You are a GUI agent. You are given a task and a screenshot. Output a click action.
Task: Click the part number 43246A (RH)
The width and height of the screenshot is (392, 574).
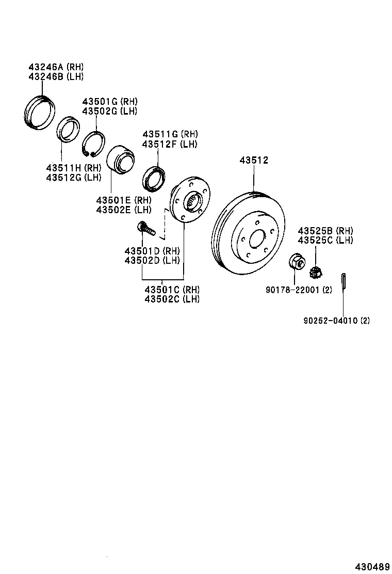(x=55, y=67)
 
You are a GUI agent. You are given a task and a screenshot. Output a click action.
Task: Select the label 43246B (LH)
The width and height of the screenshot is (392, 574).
(x=55, y=76)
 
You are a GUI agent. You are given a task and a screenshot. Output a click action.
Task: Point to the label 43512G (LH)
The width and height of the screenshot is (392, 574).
(x=73, y=177)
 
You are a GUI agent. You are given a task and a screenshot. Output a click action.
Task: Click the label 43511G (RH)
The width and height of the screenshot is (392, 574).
(x=170, y=135)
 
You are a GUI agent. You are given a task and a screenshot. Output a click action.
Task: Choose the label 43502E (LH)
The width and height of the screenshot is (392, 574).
(x=123, y=210)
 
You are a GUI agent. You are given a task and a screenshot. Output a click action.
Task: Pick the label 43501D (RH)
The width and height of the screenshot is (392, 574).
(x=152, y=251)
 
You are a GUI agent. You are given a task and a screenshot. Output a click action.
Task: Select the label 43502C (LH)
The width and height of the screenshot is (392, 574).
(x=172, y=299)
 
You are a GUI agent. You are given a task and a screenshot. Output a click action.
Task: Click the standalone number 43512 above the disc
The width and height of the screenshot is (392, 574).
(x=253, y=161)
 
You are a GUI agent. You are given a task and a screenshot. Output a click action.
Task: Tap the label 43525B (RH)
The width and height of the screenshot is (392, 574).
(x=325, y=231)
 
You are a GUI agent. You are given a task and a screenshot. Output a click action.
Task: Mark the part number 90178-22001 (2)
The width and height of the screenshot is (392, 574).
(x=299, y=290)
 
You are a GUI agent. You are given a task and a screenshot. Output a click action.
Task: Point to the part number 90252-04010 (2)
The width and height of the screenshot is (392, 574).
(x=336, y=321)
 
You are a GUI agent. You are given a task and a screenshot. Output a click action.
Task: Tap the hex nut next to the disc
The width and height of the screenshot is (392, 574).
(x=295, y=261)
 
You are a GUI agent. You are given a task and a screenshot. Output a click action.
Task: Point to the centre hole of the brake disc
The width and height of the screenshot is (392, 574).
(x=256, y=240)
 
